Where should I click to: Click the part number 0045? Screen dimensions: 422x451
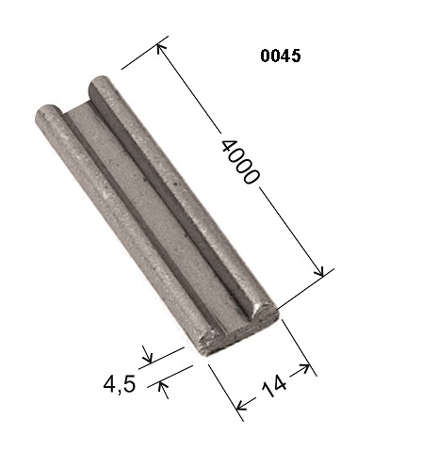(281, 56)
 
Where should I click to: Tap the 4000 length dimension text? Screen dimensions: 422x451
(240, 161)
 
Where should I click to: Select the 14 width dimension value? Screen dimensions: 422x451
(273, 386)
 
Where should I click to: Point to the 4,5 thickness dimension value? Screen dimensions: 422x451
(120, 384)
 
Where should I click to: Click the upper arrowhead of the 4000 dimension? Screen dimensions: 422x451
(161, 49)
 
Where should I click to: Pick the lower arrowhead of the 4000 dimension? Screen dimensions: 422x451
(319, 271)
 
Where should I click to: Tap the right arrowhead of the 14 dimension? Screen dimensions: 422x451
(304, 367)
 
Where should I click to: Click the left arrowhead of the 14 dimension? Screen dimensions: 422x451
(241, 406)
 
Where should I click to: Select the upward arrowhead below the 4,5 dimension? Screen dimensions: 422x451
(162, 385)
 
